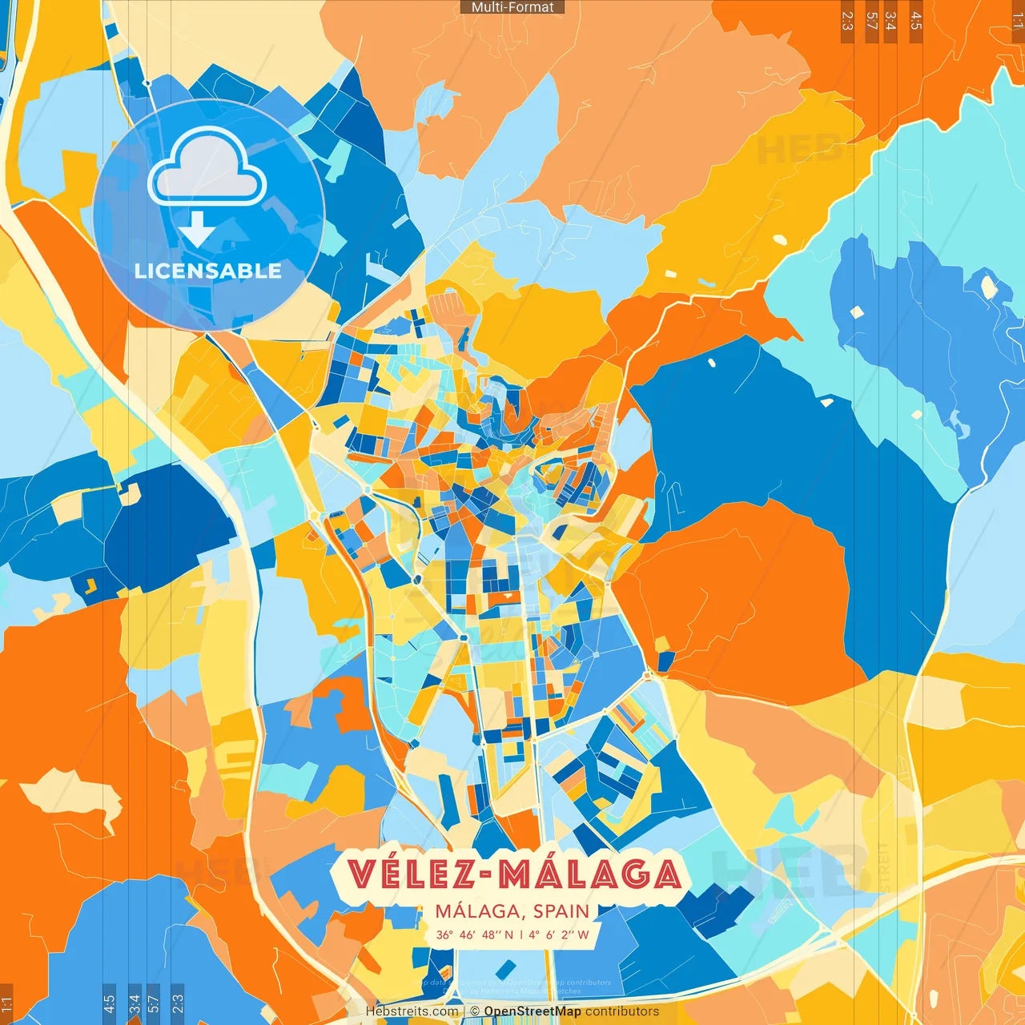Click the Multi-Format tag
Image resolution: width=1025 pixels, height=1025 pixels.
coord(512,7)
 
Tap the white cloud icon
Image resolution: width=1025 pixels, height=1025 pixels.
coord(207,168)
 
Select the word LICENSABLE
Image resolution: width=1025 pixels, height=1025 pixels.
coord(208,271)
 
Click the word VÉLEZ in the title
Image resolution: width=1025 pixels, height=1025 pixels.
coord(409,874)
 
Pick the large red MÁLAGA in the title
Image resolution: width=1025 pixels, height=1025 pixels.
coord(590,874)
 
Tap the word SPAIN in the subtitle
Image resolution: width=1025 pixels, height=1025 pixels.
coord(561,911)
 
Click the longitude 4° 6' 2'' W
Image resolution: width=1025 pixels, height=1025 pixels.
coord(557,935)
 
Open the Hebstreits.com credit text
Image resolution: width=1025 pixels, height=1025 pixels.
coord(412,1011)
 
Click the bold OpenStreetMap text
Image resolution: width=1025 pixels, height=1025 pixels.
coord(533,1011)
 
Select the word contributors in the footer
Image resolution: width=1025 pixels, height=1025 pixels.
coord(622,1011)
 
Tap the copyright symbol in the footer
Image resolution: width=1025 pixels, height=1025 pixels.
coord(475,1011)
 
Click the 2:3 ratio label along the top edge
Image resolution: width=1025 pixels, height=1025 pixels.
coord(847,21)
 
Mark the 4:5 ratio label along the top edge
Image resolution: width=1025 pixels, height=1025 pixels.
coord(916,21)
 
